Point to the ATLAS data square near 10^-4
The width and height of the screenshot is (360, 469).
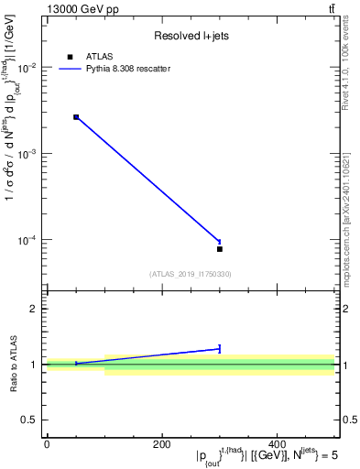(220, 249)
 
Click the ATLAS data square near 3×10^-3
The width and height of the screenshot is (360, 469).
(76, 117)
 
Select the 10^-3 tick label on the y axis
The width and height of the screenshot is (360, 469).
(27, 154)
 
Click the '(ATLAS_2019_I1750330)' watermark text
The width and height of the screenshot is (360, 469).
(190, 274)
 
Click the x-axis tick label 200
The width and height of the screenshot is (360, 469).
(162, 444)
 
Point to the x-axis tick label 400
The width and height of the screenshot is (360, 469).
(278, 444)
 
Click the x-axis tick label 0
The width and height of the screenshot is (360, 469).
(47, 444)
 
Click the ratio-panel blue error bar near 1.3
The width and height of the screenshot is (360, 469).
(220, 348)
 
